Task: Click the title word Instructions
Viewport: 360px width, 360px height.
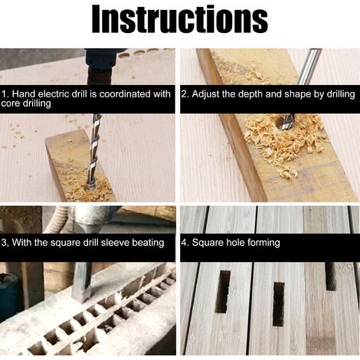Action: pos(180,19)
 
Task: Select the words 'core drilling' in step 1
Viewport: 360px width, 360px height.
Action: pos(26,103)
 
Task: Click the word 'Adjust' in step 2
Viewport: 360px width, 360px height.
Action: pos(206,94)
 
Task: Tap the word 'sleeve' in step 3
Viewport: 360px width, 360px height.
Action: pos(115,243)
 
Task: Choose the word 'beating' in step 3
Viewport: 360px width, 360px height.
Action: pos(148,243)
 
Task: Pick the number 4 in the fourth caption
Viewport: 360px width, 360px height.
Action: pos(184,242)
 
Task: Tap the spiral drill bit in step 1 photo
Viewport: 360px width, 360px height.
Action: pos(94,152)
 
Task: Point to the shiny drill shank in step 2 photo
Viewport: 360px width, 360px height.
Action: pos(309,67)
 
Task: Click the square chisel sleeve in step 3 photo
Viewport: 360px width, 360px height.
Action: pos(81,282)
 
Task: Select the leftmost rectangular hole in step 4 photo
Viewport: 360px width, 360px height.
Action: pos(222,292)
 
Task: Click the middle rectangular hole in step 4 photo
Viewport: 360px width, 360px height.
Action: pos(279,304)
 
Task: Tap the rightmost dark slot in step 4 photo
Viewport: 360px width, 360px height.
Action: pos(331,277)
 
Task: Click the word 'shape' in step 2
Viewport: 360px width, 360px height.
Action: pos(298,94)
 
